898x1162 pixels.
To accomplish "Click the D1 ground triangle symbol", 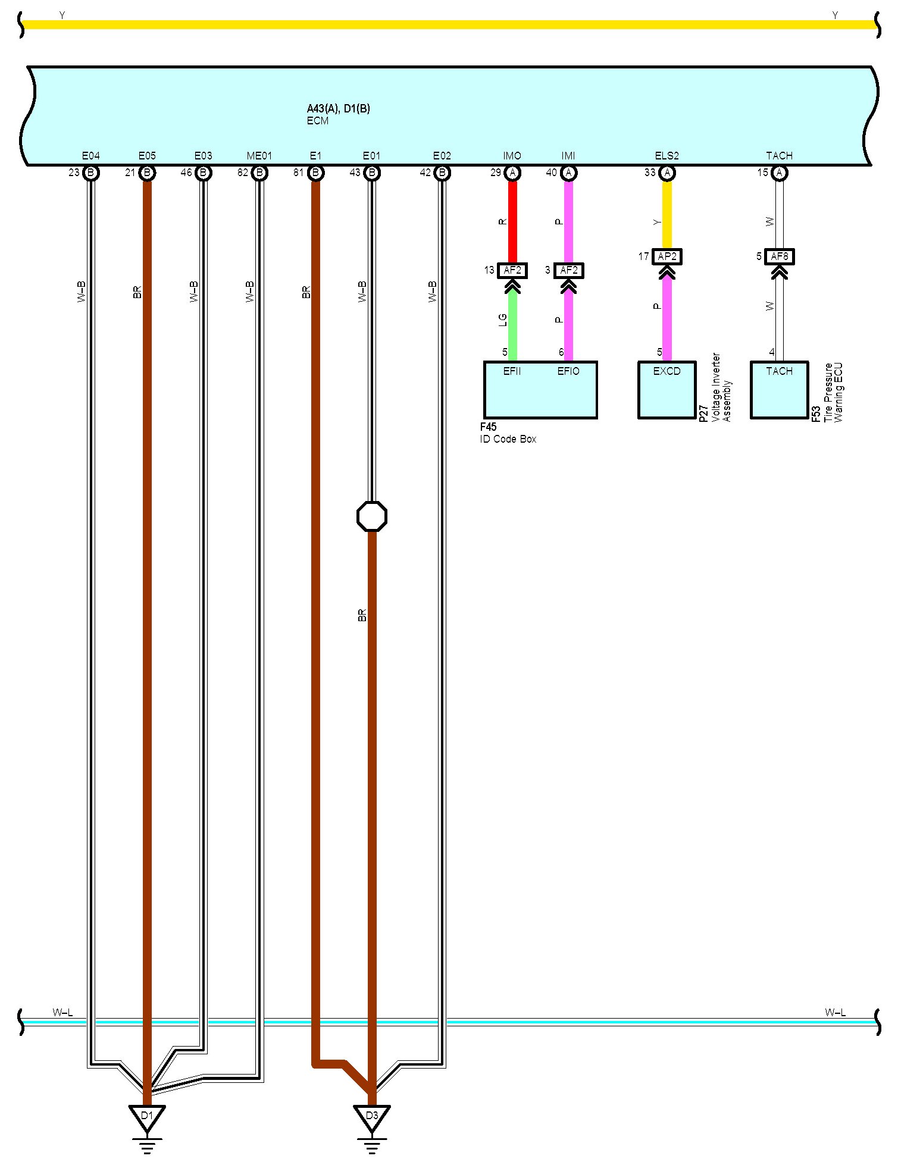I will (147, 1116).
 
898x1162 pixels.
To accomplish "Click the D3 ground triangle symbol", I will (372, 1116).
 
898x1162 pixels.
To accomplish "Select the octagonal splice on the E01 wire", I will (372, 516).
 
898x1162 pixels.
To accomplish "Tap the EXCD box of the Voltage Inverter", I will (667, 390).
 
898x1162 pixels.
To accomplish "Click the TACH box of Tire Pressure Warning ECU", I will (779, 390).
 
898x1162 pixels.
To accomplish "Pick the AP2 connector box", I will (667, 256).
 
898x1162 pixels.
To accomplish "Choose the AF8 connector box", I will (779, 256).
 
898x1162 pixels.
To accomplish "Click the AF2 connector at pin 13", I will (512, 270).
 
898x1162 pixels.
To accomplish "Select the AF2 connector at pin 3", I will (569, 270).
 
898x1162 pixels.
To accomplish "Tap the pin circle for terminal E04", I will (91, 173).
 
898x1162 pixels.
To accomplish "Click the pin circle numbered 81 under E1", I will (316, 173).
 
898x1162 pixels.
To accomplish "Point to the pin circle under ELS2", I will (667, 173).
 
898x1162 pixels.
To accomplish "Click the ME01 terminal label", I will (259, 156).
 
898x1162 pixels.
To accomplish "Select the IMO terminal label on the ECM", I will (512, 156).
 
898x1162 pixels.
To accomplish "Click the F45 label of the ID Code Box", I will (488, 427).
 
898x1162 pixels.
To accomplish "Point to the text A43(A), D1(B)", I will (338, 108).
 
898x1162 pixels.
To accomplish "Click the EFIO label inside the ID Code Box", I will (568, 371).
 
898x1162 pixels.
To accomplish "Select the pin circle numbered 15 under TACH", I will (779, 173).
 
